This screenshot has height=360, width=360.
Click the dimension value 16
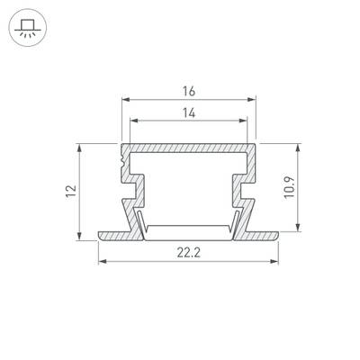[189, 91]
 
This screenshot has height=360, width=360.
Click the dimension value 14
[189, 113]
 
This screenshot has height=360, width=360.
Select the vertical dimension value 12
[71, 192]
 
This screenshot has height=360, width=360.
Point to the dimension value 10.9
[290, 187]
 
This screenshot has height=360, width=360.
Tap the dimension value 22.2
[188, 253]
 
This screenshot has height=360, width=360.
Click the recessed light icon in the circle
[27, 28]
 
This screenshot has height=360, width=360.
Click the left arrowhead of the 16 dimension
[125, 99]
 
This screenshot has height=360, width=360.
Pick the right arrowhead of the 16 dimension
[252, 99]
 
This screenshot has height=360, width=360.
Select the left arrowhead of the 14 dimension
[134, 121]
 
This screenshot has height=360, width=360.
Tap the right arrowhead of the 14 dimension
[243, 121]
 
